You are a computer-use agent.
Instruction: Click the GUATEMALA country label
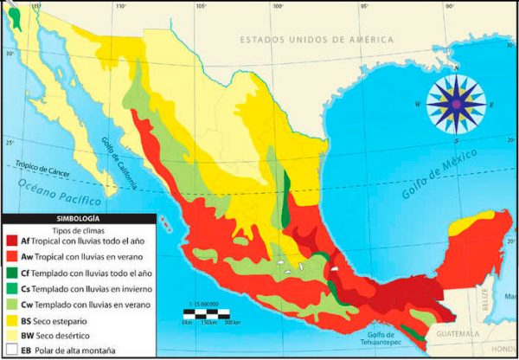(x=458, y=334)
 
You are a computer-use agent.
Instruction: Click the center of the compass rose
(x=456, y=104)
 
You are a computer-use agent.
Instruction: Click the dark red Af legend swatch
(x=12, y=241)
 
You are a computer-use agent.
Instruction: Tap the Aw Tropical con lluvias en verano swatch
(x=12, y=257)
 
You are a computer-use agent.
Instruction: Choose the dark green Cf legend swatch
(x=12, y=273)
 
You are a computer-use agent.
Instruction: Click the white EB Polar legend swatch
(x=12, y=350)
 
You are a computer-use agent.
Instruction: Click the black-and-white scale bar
(x=213, y=311)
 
